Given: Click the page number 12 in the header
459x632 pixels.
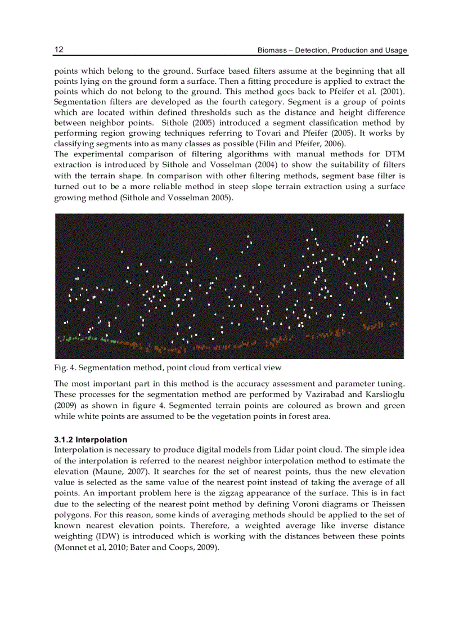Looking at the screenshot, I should (58, 50).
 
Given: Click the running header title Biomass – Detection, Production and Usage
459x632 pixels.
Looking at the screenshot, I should (332, 51).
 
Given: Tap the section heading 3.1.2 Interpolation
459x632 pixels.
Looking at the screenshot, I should (91, 440).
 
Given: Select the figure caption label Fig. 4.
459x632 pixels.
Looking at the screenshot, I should (64, 368).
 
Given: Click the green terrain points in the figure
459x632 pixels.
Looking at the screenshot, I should (101, 339).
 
